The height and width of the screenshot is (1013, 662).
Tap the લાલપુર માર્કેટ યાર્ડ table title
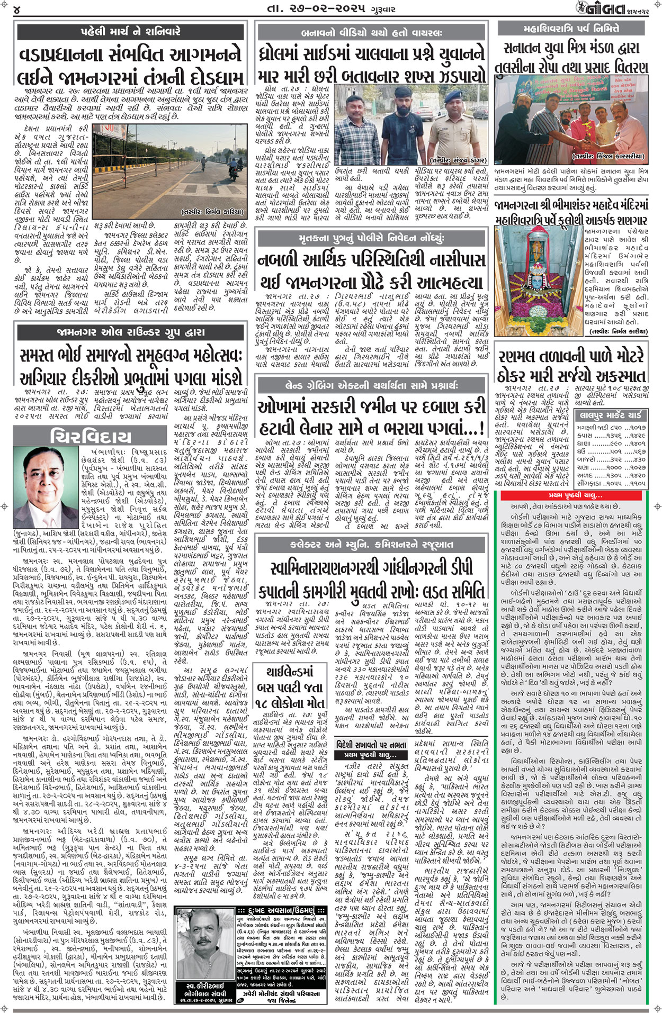[x=611, y=415]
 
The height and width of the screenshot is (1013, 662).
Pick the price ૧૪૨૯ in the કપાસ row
[x=636, y=436]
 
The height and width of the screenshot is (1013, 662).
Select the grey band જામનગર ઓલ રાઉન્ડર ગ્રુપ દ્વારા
[x=130, y=332]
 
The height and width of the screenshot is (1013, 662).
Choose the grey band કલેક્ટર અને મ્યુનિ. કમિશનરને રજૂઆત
[x=371, y=544]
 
